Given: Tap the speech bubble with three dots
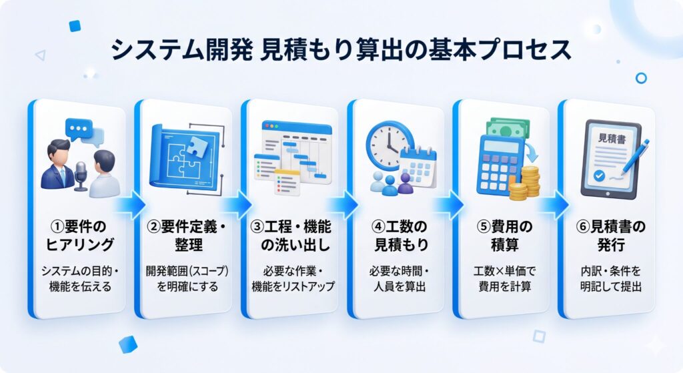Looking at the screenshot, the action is point(79,129).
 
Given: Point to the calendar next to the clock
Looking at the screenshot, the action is point(418,167).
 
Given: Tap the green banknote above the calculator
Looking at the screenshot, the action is point(508,128).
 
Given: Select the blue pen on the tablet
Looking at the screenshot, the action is point(635,157).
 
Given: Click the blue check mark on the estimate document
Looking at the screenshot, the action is point(600,175).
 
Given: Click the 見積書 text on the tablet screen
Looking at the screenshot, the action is point(612,139).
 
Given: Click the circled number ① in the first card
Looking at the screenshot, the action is point(57,227).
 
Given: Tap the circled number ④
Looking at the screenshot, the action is point(379,227).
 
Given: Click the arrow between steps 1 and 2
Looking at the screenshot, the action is point(131,204).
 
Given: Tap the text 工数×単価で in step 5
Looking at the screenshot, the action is point(504,271).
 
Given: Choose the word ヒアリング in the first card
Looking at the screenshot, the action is point(80,244).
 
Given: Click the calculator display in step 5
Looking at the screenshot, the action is point(502,146).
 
